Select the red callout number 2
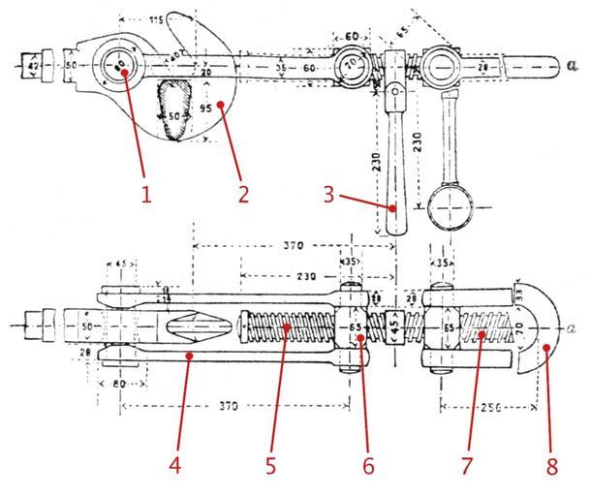(243, 193)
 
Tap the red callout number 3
(330, 193)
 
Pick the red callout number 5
(271, 465)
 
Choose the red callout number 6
(367, 465)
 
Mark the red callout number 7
(465, 465)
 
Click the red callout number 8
(552, 466)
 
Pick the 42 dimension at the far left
(34, 66)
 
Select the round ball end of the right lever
(450, 206)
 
